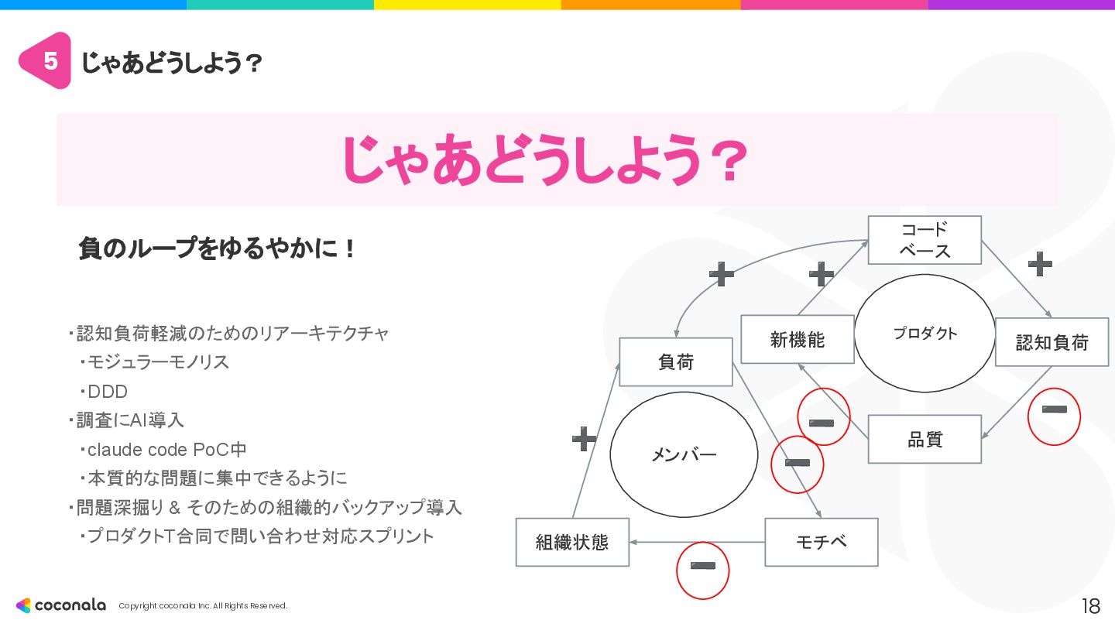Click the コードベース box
point(924,240)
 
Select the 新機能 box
point(797,339)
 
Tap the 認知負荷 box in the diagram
point(1052,341)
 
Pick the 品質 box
point(925,440)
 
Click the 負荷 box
point(675,361)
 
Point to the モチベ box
point(821,542)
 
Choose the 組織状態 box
point(572,542)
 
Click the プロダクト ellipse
point(925,334)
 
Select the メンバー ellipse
point(684,454)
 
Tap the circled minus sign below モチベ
point(703,570)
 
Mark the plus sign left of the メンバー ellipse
point(584,439)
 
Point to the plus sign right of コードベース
point(1040,265)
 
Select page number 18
point(1090,605)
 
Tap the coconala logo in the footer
point(61,605)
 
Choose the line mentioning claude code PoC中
point(166,449)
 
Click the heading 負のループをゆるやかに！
point(218,249)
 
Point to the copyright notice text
point(203,606)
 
